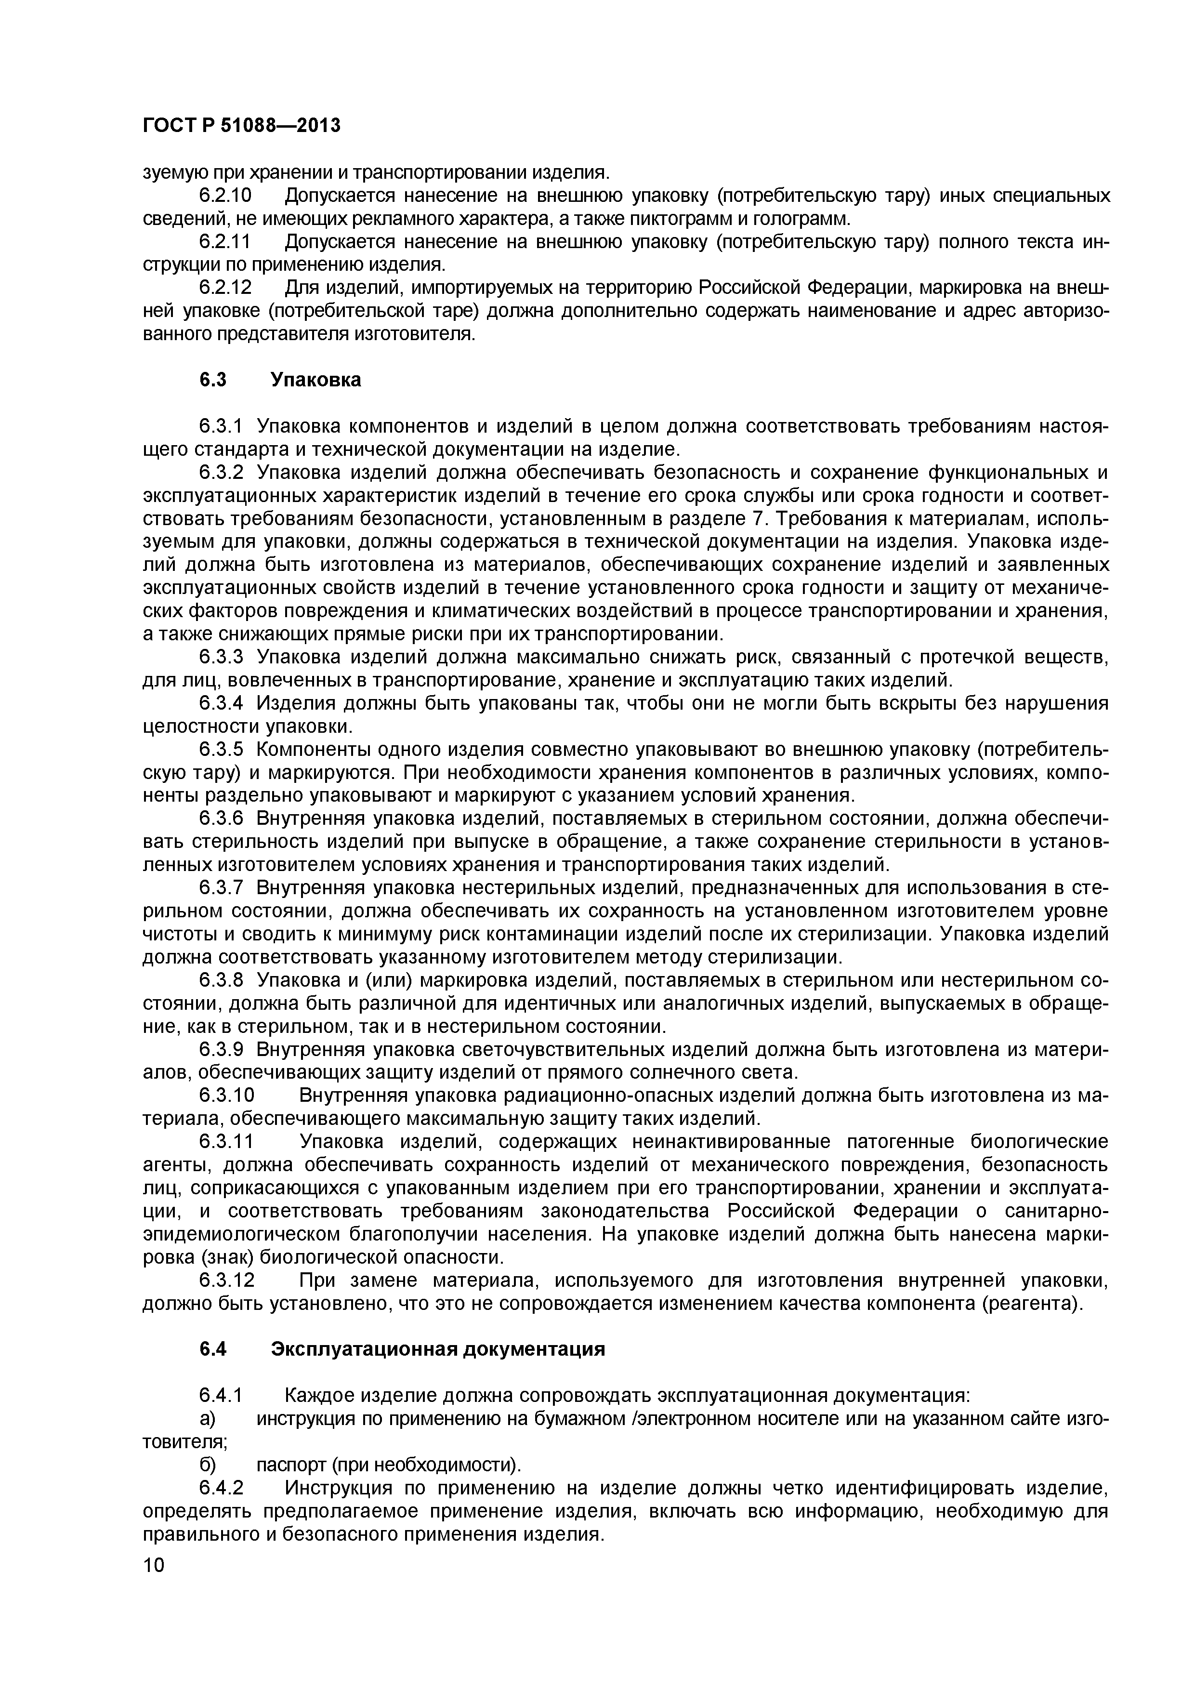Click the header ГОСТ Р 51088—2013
tap(241, 126)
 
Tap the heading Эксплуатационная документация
tap(438, 1349)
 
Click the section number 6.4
tap(213, 1349)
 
